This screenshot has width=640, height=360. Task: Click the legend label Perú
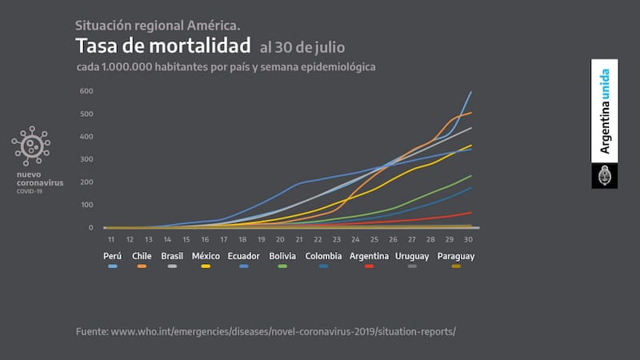113,255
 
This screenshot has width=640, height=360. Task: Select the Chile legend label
142,255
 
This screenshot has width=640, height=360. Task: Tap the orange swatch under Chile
142,266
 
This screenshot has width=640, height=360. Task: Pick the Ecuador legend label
243,255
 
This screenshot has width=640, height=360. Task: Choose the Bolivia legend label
282,255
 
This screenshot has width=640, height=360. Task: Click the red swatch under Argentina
370,266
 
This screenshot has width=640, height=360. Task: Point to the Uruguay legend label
412,255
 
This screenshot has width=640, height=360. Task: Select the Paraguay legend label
456,255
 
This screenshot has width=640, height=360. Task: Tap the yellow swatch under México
206,266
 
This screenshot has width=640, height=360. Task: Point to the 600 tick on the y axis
86,91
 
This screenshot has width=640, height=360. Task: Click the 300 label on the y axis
86,159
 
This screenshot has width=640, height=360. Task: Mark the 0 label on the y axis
91,228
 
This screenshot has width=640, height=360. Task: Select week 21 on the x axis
298,239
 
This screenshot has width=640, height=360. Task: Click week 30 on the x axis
468,239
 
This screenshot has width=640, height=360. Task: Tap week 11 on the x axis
110,239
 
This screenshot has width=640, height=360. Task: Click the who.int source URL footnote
271,330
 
